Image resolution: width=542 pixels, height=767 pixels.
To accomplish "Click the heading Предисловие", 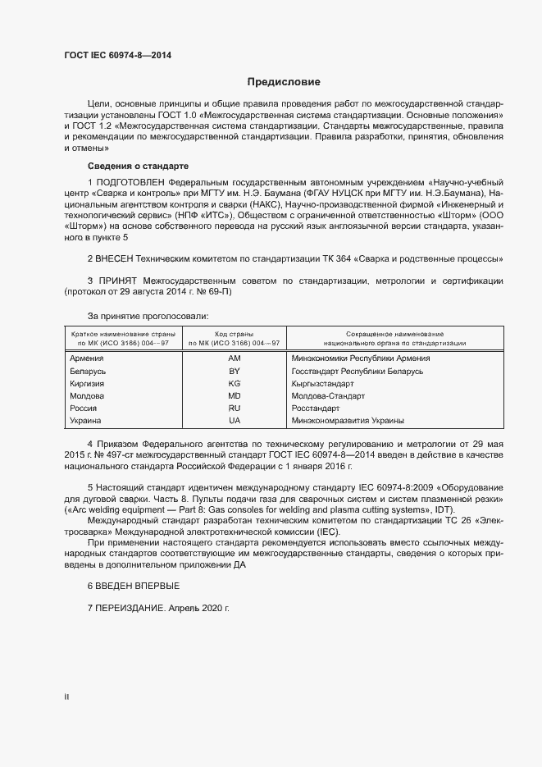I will pyautogui.click(x=285, y=82).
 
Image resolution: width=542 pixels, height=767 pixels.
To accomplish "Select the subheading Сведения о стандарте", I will pyautogui.click(x=138, y=166).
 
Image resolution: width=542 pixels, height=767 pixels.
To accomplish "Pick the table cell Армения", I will pyautogui.click(x=87, y=358).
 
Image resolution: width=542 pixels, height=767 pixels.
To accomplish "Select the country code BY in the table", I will pyautogui.click(x=235, y=372).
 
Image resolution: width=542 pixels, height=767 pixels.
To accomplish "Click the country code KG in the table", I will pyautogui.click(x=235, y=384).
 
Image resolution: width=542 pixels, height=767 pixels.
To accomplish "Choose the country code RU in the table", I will pyautogui.click(x=235, y=409).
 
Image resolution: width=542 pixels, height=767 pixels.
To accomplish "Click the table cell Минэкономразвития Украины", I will pyautogui.click(x=348, y=421).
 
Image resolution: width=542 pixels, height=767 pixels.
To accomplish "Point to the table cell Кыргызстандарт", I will pyautogui.click(x=322, y=384).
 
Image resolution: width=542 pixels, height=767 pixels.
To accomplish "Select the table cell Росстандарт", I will pyautogui.click(x=316, y=409).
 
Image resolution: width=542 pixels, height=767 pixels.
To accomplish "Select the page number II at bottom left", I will pyautogui.click(x=66, y=696).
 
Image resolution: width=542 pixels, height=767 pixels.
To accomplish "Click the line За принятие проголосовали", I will pyautogui.click(x=148, y=316).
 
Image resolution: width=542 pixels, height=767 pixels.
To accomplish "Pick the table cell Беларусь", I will pyautogui.click(x=89, y=372).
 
